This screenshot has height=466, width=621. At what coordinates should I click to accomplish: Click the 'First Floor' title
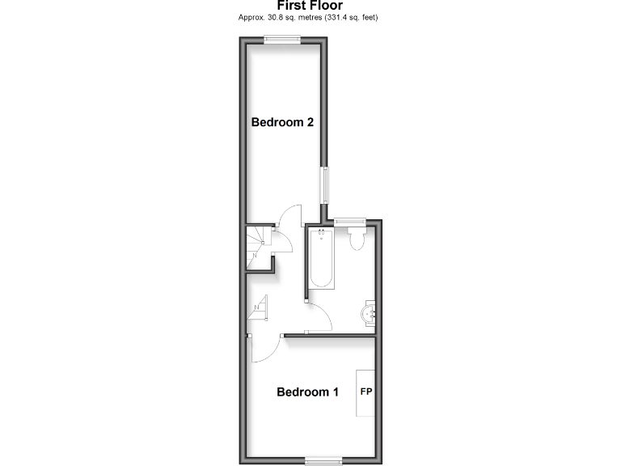pyautogui.click(x=310, y=6)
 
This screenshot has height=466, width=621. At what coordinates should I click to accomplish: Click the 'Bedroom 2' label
pyautogui.click(x=282, y=123)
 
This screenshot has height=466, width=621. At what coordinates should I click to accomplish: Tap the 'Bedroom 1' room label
pyautogui.click(x=307, y=392)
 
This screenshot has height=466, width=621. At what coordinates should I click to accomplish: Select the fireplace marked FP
pyautogui.click(x=366, y=392)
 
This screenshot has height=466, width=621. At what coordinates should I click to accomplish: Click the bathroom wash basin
pyautogui.click(x=369, y=313)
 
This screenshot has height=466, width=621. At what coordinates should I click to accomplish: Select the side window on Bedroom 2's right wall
pyautogui.click(x=325, y=185)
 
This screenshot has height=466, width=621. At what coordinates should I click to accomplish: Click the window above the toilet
pyautogui.click(x=350, y=220)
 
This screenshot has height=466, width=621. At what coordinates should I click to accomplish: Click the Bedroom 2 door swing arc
pyautogui.click(x=289, y=214)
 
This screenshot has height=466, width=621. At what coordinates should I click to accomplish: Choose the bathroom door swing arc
pyautogui.click(x=320, y=318)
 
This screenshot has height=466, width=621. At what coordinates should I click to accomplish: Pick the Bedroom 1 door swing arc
pyautogui.click(x=265, y=349)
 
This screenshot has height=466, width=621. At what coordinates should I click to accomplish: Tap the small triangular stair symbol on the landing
pyautogui.click(x=260, y=307)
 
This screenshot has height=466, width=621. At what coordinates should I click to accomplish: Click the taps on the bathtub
pyautogui.click(x=321, y=235)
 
